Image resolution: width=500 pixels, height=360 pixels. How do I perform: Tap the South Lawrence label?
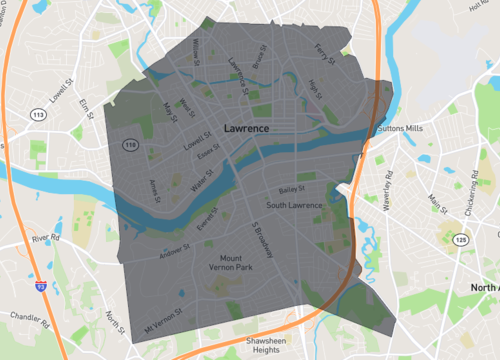[x=296, y=205]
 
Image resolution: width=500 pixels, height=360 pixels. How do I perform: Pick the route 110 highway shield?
[x=130, y=145]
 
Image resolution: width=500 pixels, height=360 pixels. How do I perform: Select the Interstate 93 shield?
[x=40, y=286]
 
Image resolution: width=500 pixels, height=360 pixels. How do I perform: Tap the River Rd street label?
[x=46, y=239]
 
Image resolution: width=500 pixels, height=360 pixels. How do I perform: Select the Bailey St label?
[x=291, y=189]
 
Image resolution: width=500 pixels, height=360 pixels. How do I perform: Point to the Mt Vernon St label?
[x=165, y=321]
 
